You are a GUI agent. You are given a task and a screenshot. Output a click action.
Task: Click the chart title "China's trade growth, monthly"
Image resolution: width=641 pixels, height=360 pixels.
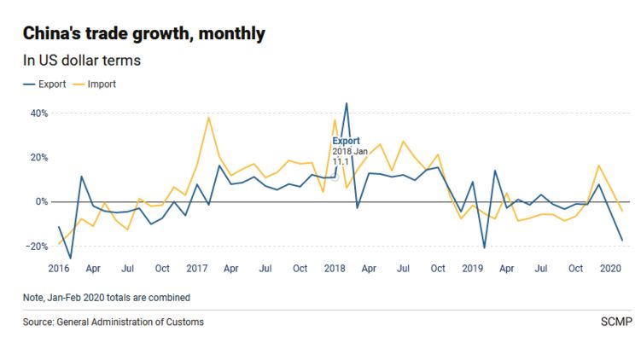click(x=143, y=34)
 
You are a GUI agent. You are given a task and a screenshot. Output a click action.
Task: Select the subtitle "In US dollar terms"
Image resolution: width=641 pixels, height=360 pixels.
click(x=82, y=61)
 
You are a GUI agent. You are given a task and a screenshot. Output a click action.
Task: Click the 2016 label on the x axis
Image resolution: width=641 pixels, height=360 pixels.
click(x=59, y=269)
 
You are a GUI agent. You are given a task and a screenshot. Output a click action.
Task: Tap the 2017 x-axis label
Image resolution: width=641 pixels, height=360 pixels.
click(x=197, y=269)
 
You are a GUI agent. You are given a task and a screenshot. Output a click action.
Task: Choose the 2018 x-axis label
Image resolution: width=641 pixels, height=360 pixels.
click(x=335, y=269)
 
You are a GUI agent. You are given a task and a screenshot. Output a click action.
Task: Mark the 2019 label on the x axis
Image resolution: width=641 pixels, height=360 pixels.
click(x=474, y=269)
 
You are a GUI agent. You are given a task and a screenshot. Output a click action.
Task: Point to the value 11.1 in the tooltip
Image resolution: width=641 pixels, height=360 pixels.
click(x=340, y=161)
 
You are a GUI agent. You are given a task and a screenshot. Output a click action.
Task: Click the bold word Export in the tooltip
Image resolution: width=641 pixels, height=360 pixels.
click(x=346, y=141)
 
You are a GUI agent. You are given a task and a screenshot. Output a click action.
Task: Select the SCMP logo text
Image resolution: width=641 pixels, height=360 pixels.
click(x=612, y=322)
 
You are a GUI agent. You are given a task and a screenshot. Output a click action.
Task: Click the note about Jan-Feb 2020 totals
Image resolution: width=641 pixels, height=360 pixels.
click(x=107, y=298)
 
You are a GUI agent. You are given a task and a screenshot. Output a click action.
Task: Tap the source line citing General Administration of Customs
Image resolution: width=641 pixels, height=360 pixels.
click(x=114, y=322)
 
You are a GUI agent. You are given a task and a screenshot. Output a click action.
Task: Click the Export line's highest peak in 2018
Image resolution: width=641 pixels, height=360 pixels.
click(x=347, y=103)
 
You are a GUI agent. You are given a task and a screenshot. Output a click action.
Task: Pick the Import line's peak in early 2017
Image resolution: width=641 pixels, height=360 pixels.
click(x=209, y=117)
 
